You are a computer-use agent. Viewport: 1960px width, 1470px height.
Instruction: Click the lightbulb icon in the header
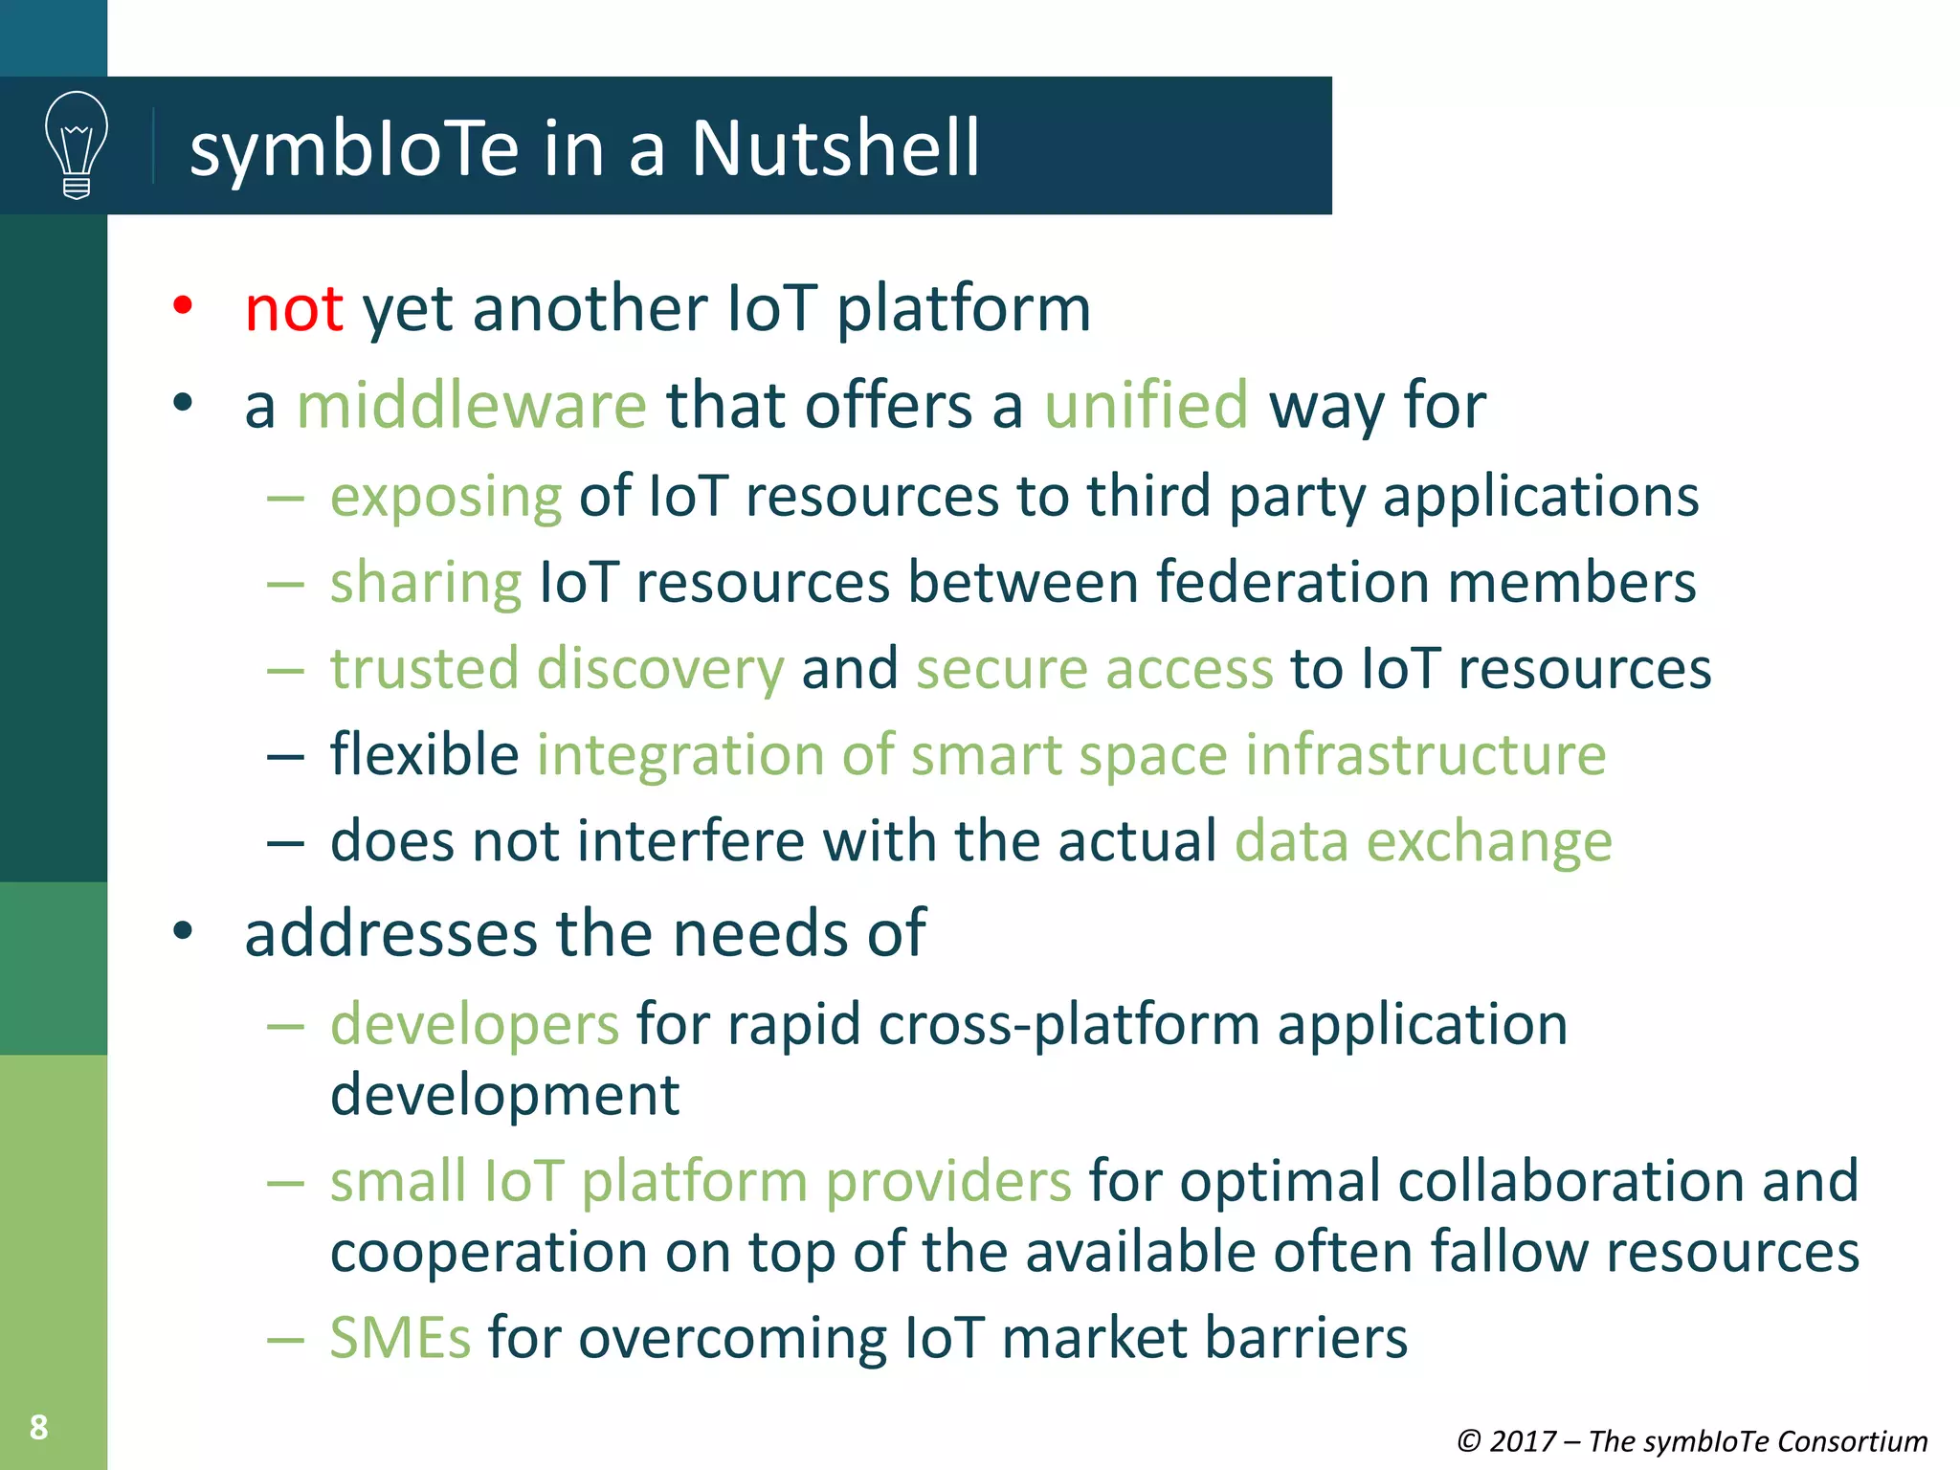pyautogui.click(x=77, y=145)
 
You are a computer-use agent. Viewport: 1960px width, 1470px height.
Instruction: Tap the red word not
pyautogui.click(x=293, y=309)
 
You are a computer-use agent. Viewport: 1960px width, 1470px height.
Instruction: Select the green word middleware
pyautogui.click(x=472, y=405)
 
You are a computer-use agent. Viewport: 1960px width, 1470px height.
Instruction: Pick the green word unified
pyautogui.click(x=1146, y=405)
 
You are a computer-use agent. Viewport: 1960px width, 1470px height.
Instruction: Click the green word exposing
pyautogui.click(x=446, y=498)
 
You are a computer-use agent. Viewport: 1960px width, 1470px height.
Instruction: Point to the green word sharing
pyautogui.click(x=426, y=583)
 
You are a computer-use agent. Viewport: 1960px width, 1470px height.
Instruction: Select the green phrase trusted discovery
pyautogui.click(x=557, y=668)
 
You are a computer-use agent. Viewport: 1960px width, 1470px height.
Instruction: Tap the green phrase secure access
pyautogui.click(x=1095, y=668)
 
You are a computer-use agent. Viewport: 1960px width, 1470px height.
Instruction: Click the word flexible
pyautogui.click(x=424, y=754)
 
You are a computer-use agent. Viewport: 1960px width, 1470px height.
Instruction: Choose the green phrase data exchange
pyautogui.click(x=1423, y=841)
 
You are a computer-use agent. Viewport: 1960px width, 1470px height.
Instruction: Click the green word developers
pyautogui.click(x=475, y=1024)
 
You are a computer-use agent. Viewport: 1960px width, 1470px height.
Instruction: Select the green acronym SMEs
pyautogui.click(x=400, y=1337)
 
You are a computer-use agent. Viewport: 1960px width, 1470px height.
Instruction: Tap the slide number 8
pyautogui.click(x=38, y=1427)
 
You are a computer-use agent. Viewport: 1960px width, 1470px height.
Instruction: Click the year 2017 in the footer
pyautogui.click(x=1523, y=1441)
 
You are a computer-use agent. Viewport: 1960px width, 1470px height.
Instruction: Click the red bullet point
pyautogui.click(x=183, y=306)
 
